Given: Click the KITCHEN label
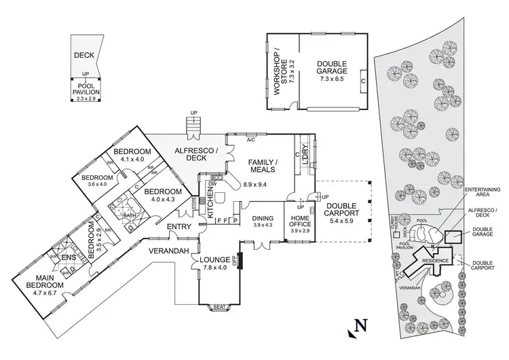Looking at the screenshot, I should (210, 202).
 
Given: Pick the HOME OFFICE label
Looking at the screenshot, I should (299, 220).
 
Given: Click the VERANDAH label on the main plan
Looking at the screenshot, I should (168, 251).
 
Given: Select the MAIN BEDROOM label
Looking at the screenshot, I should (45, 281).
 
